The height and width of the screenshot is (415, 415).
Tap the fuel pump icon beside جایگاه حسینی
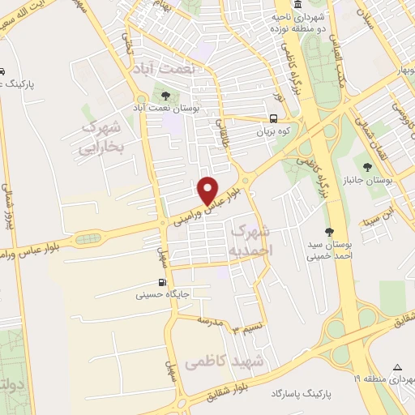(x=162, y=283)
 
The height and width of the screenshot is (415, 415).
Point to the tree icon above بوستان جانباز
(x=368, y=167)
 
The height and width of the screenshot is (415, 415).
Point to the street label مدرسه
(x=210, y=322)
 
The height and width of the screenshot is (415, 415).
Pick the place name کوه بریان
(x=273, y=130)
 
